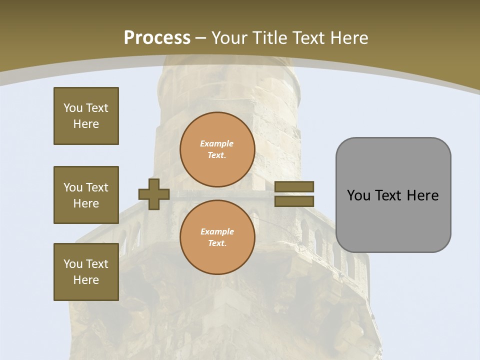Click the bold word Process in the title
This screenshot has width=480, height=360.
157,38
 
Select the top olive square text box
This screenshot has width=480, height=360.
86,116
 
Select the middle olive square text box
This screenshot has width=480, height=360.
86,195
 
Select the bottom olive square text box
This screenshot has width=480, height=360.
86,272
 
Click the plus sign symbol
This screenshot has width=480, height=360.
154,194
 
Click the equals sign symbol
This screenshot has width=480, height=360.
294,194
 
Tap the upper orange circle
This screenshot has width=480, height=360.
217,149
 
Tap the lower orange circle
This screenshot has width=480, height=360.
217,237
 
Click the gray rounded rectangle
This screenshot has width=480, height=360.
393,195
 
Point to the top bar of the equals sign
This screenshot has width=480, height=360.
294,186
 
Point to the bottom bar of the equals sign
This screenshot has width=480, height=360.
294,201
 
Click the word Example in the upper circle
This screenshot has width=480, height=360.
217,143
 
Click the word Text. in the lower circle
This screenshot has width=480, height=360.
217,243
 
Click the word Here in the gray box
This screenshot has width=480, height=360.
422,195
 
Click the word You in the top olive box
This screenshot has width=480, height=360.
73,108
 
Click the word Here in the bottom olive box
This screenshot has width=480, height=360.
86,280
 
